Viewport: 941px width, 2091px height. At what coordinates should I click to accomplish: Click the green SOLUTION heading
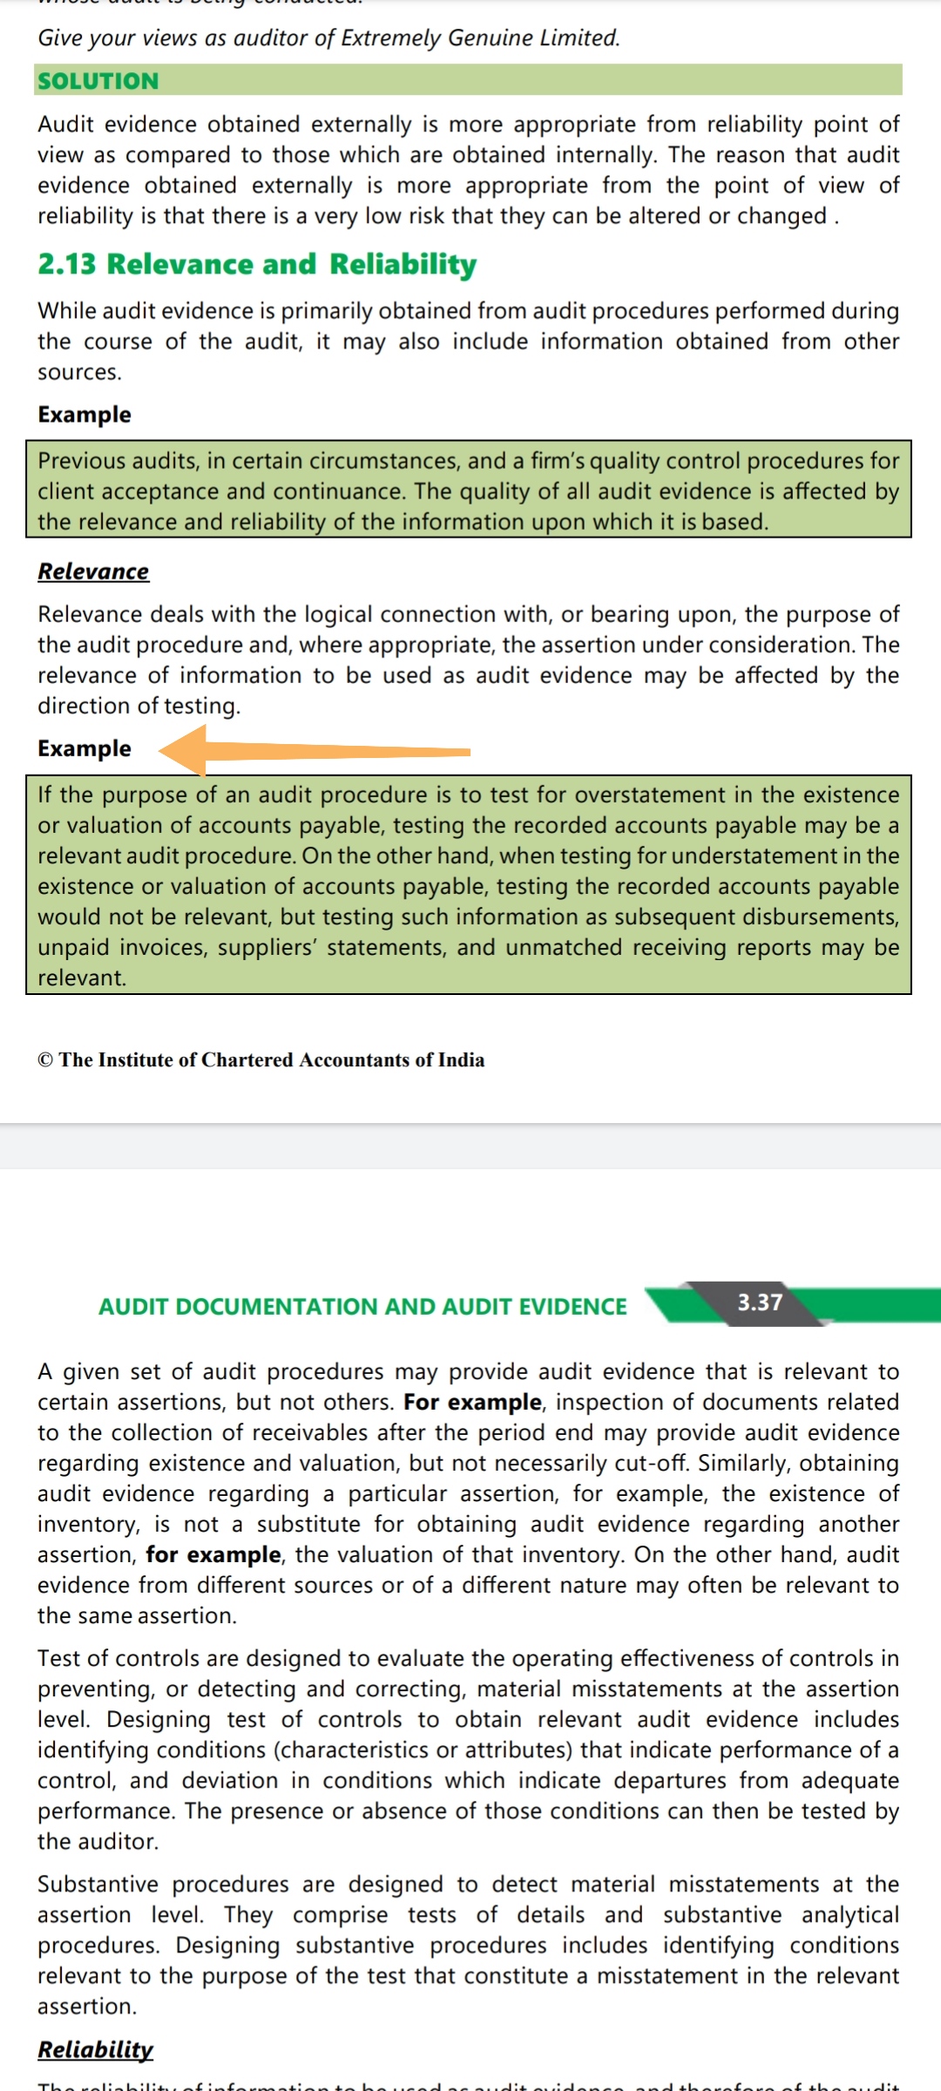(98, 81)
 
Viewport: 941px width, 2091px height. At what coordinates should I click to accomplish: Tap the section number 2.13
(66, 264)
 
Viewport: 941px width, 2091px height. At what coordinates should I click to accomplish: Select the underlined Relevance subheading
(93, 572)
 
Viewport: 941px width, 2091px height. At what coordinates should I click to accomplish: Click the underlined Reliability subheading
(95, 2049)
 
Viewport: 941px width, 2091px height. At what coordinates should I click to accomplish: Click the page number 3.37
(760, 1303)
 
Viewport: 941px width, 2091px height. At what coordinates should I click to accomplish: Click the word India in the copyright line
(461, 1060)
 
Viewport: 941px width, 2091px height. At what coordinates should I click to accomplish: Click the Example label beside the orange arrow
(85, 748)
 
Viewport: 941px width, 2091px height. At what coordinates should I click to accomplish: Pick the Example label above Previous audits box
(85, 415)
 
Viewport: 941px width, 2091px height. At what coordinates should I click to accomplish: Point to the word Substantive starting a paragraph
(98, 1885)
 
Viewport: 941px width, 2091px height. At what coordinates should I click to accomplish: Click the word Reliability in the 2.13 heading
(403, 264)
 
